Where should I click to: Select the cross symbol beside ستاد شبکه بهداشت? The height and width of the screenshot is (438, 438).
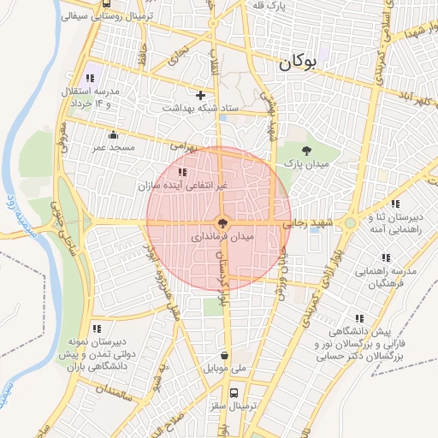201,95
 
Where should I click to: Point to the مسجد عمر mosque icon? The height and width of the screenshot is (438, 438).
113,134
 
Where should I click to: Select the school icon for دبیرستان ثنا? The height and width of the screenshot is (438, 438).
394,204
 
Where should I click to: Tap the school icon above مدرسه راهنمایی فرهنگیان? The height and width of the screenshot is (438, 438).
386,257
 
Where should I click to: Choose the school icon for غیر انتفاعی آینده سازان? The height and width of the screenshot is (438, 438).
181,173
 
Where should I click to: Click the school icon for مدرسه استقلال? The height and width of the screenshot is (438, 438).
91,79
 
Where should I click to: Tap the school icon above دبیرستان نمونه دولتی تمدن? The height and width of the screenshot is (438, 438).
98,328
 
